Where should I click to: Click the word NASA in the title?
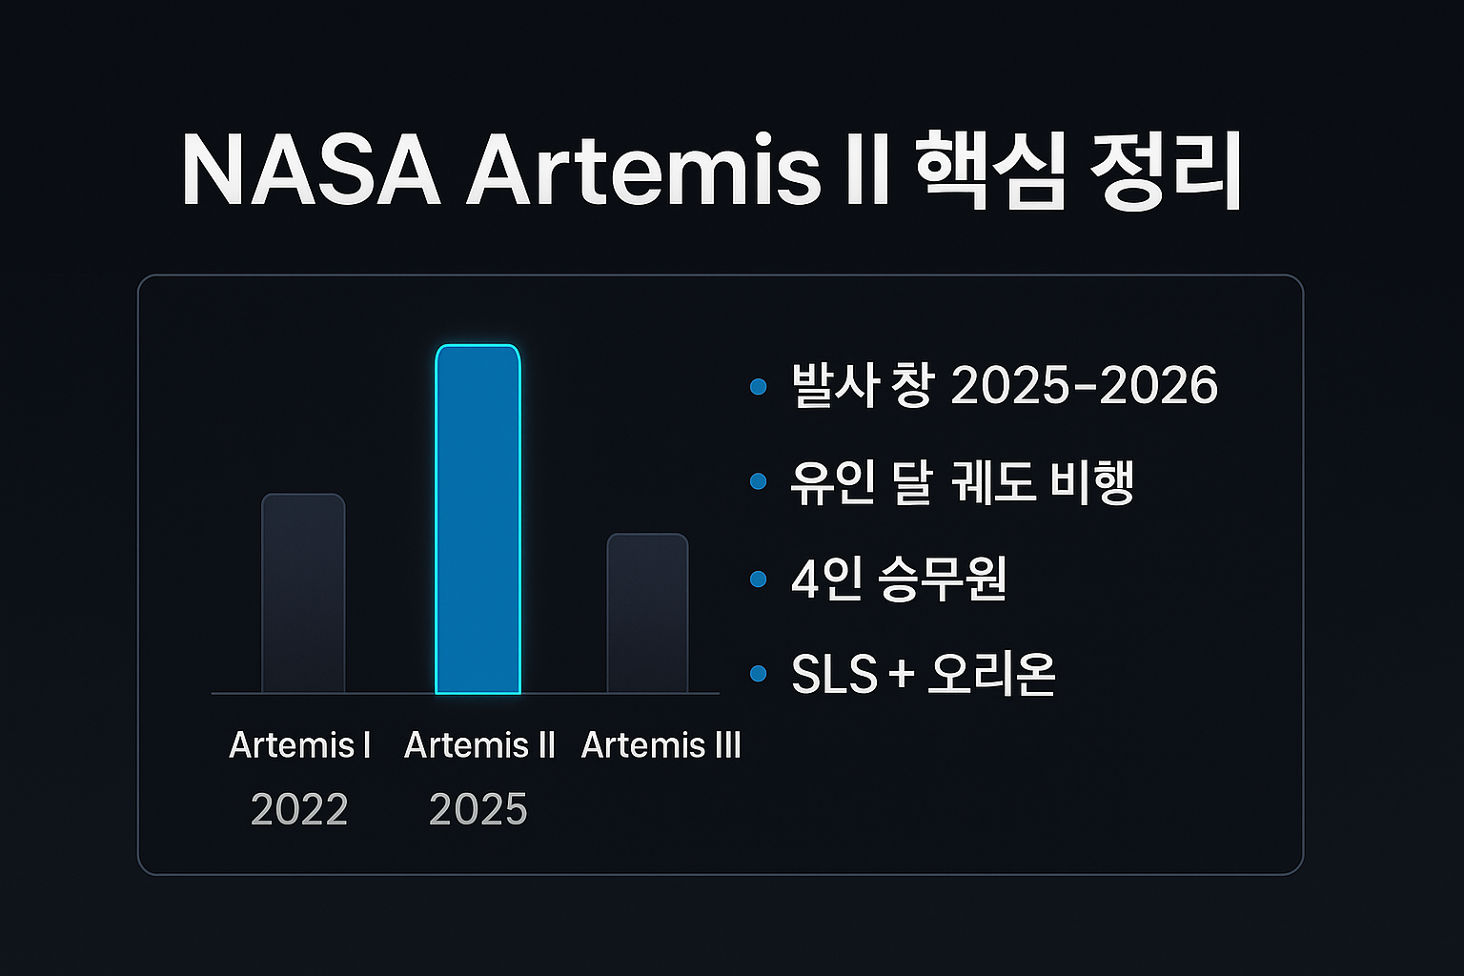pos(311,171)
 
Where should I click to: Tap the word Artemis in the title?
pos(642,171)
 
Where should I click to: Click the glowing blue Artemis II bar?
pos(478,519)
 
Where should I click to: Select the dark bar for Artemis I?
pos(303,594)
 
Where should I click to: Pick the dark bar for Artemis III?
pos(648,613)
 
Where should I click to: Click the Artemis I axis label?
pos(300,745)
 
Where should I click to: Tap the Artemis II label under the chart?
pos(479,745)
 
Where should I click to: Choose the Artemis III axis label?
pos(661,745)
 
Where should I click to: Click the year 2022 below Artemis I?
pos(299,809)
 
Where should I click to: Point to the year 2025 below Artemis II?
pos(478,809)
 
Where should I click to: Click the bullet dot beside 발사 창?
pos(758,386)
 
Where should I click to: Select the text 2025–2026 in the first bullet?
pos(1085,386)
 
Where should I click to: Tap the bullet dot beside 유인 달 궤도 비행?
pos(758,481)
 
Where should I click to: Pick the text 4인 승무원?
pos(899,579)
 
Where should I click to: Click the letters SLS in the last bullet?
pos(834,674)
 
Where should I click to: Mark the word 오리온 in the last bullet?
pos(991,674)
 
